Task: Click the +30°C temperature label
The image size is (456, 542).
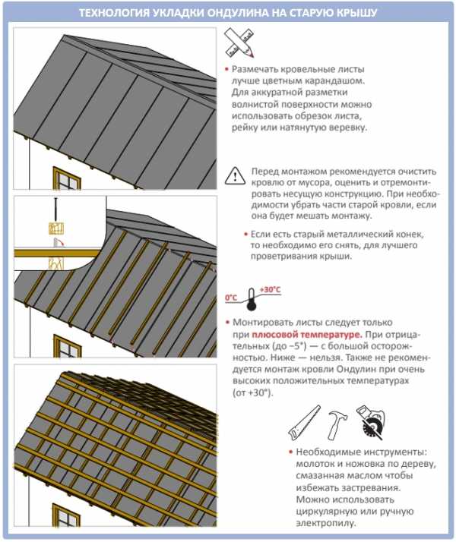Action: point(270,290)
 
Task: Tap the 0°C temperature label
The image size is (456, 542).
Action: point(231,296)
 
